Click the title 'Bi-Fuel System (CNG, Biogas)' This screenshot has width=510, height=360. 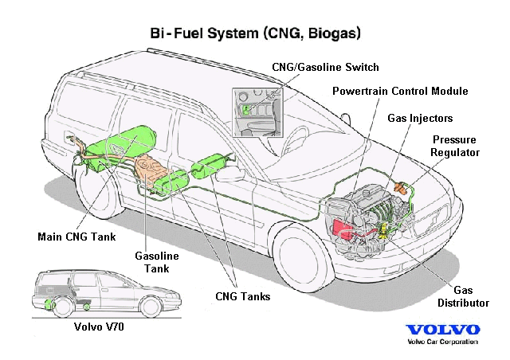[255, 34]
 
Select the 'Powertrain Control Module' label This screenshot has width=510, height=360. [400, 92]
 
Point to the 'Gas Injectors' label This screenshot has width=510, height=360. [420, 118]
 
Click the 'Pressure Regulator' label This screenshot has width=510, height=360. [454, 144]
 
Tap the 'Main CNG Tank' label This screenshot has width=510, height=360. [76, 237]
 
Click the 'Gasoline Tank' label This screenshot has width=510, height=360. [155, 262]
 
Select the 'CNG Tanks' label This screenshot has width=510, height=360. [242, 296]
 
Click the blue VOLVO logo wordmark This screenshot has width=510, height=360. [442, 330]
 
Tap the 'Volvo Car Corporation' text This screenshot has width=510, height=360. [442, 342]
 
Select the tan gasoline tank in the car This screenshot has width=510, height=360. [151, 170]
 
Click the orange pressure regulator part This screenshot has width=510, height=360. [408, 188]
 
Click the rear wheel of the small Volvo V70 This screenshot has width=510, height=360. [53, 305]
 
